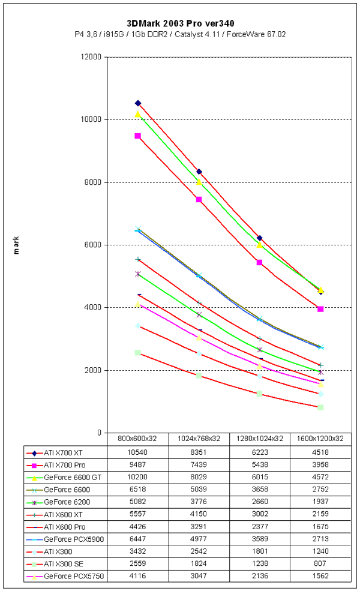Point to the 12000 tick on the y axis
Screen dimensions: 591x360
(x=91, y=57)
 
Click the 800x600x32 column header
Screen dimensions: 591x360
(x=138, y=438)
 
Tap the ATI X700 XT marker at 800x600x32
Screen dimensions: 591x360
(x=138, y=103)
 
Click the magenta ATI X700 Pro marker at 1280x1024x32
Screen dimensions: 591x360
(x=259, y=262)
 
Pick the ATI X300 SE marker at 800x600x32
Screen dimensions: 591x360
(x=138, y=352)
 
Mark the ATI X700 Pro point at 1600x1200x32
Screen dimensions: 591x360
(x=320, y=309)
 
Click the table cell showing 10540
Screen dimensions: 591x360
(x=138, y=453)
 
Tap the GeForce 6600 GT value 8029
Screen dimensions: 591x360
(x=199, y=477)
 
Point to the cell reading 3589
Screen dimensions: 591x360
(x=259, y=539)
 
